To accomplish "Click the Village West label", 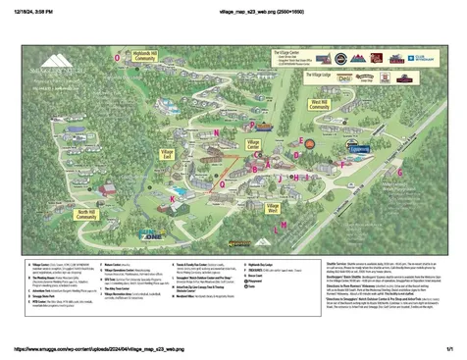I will [x=274, y=208].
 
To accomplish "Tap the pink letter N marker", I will [x=215, y=130].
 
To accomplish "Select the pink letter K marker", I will [x=173, y=198].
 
